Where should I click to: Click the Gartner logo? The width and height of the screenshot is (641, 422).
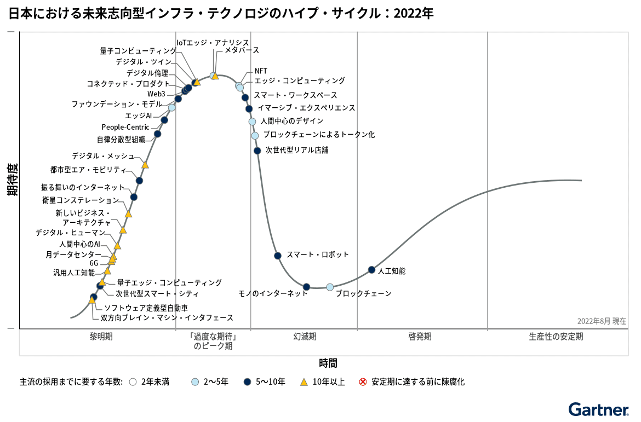[598, 409]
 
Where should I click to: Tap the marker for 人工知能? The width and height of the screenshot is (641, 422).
[371, 270]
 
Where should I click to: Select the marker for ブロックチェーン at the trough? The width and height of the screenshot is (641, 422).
[330, 287]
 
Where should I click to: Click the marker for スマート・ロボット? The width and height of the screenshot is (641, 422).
[278, 256]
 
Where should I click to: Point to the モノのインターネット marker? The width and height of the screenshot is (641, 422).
[307, 287]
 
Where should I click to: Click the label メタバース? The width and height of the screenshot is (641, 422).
[238, 50]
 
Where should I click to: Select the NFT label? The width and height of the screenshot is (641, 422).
[261, 71]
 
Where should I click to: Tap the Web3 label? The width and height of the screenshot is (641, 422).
[156, 94]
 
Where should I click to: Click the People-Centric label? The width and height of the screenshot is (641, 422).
[125, 128]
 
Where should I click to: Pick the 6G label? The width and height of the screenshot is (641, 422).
[94, 263]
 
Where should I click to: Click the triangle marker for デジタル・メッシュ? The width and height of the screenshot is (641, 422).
[145, 164]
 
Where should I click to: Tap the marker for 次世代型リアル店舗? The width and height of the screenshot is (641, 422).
[257, 151]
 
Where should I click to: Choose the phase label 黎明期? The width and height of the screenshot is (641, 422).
[101, 337]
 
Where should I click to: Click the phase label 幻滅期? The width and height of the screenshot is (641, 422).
[305, 337]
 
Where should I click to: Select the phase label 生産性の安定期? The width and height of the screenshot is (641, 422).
[556, 337]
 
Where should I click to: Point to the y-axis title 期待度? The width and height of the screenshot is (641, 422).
[12, 179]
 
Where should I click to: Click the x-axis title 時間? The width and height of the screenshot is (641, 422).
[328, 363]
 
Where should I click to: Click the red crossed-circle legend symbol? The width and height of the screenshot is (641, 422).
[363, 382]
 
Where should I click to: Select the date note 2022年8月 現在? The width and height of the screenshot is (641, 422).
[602, 321]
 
